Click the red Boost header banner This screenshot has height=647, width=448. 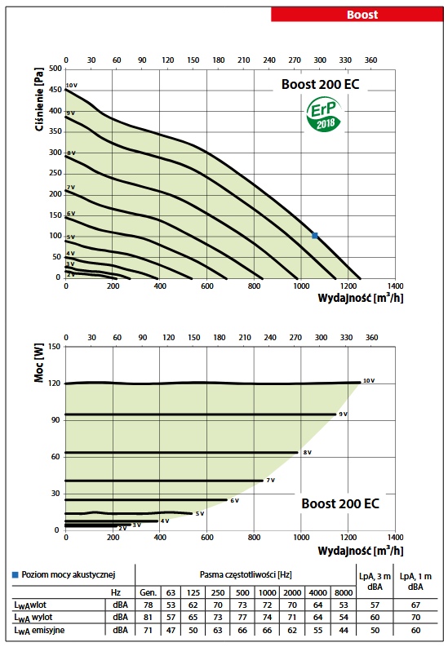coord(357,15)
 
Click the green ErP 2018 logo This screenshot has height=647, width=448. coord(324,115)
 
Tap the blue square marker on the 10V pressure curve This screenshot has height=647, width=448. coord(315,236)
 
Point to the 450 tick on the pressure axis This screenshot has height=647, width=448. coord(55,90)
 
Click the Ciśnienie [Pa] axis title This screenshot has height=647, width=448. coord(39,99)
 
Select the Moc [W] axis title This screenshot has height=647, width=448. coord(39,363)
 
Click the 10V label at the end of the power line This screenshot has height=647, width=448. coord(369,381)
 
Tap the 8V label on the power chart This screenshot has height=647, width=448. coord(308,453)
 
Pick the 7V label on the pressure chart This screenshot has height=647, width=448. coord(71,188)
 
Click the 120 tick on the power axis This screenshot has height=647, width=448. coord(55,383)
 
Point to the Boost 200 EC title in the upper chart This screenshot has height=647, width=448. coord(320,84)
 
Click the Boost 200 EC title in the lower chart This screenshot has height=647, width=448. coord(340,503)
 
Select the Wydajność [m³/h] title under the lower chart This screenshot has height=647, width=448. coord(361,551)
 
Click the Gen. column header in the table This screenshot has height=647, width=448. coord(148,592)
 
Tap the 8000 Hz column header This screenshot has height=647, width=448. coord(344,592)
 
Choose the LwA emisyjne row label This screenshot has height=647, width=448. coord(39,631)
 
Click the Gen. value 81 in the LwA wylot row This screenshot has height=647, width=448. coord(148,618)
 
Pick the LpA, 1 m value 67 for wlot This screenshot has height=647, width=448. coord(415,605)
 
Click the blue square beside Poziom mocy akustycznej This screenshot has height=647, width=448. coord(16,574)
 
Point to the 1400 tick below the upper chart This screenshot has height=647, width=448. coord(395,286)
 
